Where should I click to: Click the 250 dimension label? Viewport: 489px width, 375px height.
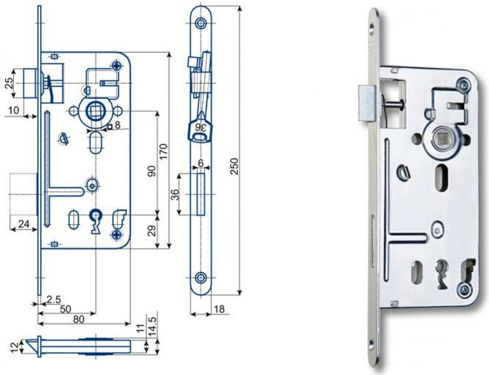[235, 166]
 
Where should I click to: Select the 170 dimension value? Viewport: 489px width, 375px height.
[164, 151]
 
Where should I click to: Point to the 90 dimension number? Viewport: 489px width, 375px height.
[152, 171]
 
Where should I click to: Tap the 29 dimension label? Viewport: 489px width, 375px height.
[152, 231]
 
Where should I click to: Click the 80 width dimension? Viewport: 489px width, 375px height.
[79, 319]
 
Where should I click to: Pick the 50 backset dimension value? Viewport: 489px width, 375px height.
[66, 309]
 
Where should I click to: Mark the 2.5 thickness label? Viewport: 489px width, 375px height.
[53, 300]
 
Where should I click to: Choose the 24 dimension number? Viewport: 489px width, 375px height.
[23, 224]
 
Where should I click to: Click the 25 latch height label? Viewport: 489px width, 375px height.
[10, 83]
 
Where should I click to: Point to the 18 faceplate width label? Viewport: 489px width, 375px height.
[219, 309]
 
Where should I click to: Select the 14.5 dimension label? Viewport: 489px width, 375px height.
[153, 327]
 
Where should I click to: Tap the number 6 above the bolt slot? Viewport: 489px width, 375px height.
[201, 163]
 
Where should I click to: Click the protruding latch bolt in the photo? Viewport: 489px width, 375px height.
[367, 103]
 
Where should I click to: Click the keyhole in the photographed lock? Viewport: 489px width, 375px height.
[442, 272]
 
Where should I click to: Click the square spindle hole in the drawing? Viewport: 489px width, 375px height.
[94, 112]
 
